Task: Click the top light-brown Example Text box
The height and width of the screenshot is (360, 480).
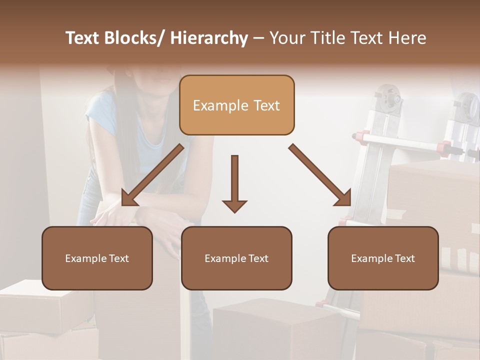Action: tap(236, 105)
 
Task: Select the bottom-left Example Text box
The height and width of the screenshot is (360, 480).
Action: tap(97, 258)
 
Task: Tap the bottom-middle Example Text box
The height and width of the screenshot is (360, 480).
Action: tap(236, 258)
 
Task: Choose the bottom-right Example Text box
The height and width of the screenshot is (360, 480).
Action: tap(383, 258)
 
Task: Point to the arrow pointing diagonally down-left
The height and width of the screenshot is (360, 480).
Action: tap(152, 175)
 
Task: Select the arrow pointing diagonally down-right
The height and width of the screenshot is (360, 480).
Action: tap(320, 175)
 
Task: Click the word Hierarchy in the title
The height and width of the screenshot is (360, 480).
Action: tap(209, 38)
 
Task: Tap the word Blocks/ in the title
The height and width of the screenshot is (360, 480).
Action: tap(135, 38)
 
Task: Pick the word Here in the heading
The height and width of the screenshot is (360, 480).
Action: tap(407, 38)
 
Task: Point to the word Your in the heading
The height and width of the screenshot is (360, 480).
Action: tap(288, 38)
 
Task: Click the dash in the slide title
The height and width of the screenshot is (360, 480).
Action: tap(258, 38)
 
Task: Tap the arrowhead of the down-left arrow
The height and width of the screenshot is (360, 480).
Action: tap(128, 198)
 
